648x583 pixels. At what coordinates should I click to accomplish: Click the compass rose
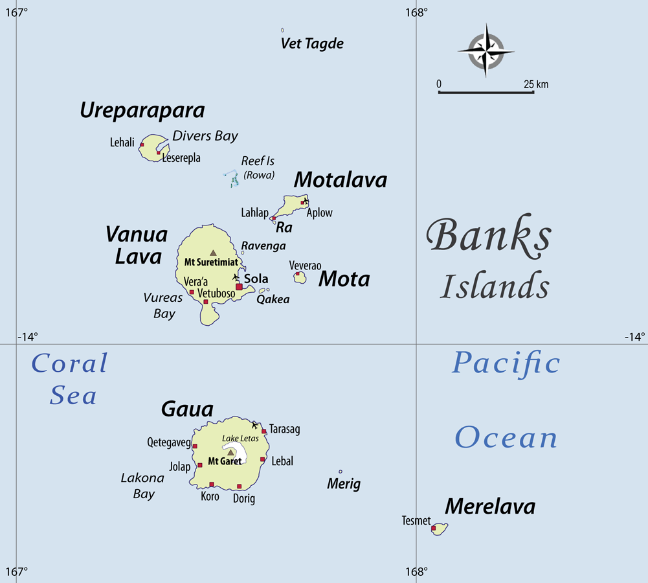[x=486, y=50]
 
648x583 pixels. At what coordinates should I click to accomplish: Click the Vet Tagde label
[x=312, y=44]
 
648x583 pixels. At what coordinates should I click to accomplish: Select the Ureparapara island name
[x=142, y=111]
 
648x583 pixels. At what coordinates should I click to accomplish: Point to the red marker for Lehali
[x=141, y=145]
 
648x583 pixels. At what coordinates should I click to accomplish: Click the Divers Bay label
[x=205, y=136]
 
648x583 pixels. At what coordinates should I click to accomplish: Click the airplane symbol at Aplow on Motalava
[x=306, y=200]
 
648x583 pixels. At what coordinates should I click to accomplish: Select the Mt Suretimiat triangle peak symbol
[x=213, y=253]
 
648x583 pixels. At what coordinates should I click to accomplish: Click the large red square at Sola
[x=239, y=286]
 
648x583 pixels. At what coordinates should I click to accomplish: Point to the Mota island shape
[x=299, y=278]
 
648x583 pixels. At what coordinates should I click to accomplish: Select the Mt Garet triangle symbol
[x=230, y=452]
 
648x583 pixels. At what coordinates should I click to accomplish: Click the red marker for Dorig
[x=239, y=486]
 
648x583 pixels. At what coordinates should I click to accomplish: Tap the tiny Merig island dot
[x=341, y=472]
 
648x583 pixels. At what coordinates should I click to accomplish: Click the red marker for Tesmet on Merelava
[x=434, y=529]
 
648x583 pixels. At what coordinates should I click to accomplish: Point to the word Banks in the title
[x=489, y=237]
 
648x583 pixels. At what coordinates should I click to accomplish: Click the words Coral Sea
[x=70, y=379]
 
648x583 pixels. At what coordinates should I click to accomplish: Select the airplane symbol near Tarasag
[x=255, y=425]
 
